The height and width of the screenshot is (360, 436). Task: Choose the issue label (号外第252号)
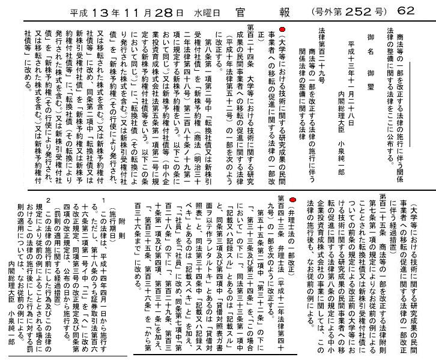(x=348, y=10)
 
